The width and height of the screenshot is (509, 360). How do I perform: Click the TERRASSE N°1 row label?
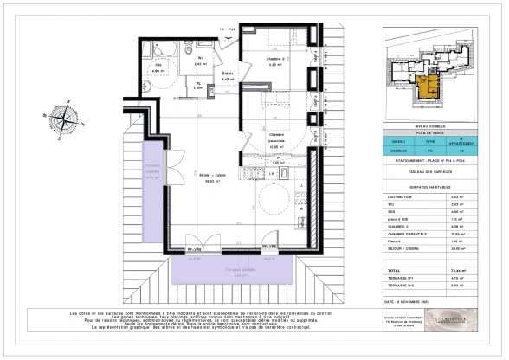tap(407, 278)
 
